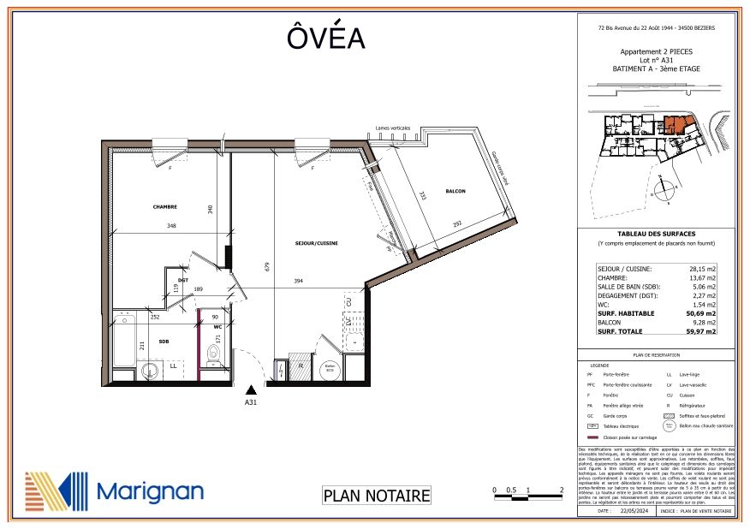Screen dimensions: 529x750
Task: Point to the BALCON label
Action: (455, 192)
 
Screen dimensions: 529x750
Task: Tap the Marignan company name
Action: (150, 490)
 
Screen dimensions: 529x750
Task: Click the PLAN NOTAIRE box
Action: (376, 495)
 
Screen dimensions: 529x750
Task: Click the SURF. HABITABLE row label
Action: (625, 313)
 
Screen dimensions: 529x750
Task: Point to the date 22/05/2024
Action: (628, 510)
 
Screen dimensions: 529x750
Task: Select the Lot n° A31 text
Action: (657, 60)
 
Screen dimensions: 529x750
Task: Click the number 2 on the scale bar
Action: (560, 490)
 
